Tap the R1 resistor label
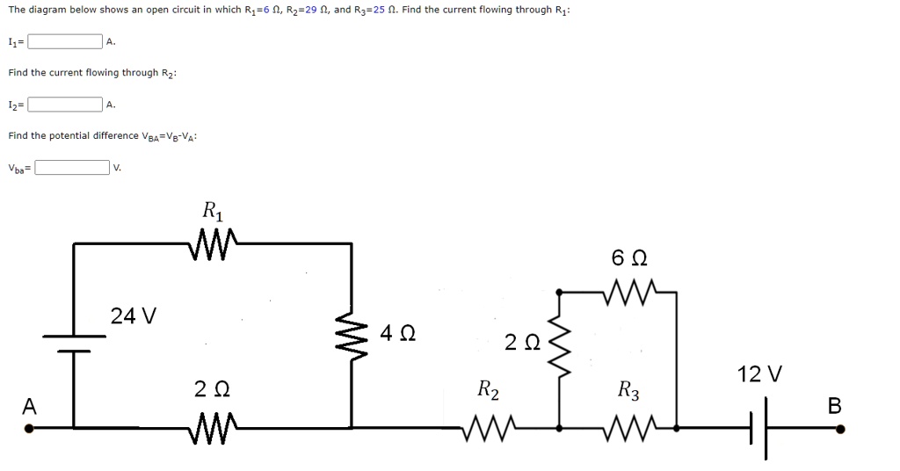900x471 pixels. pyautogui.click(x=213, y=211)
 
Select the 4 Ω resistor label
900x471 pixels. pyautogui.click(x=398, y=334)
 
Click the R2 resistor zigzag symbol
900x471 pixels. pyautogui.click(x=488, y=429)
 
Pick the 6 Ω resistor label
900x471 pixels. pyautogui.click(x=629, y=258)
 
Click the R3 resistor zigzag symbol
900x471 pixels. pyautogui.click(x=629, y=429)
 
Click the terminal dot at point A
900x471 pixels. pyautogui.click(x=29, y=430)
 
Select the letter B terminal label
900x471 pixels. pyautogui.click(x=834, y=405)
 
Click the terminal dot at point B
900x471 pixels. pyautogui.click(x=841, y=430)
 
